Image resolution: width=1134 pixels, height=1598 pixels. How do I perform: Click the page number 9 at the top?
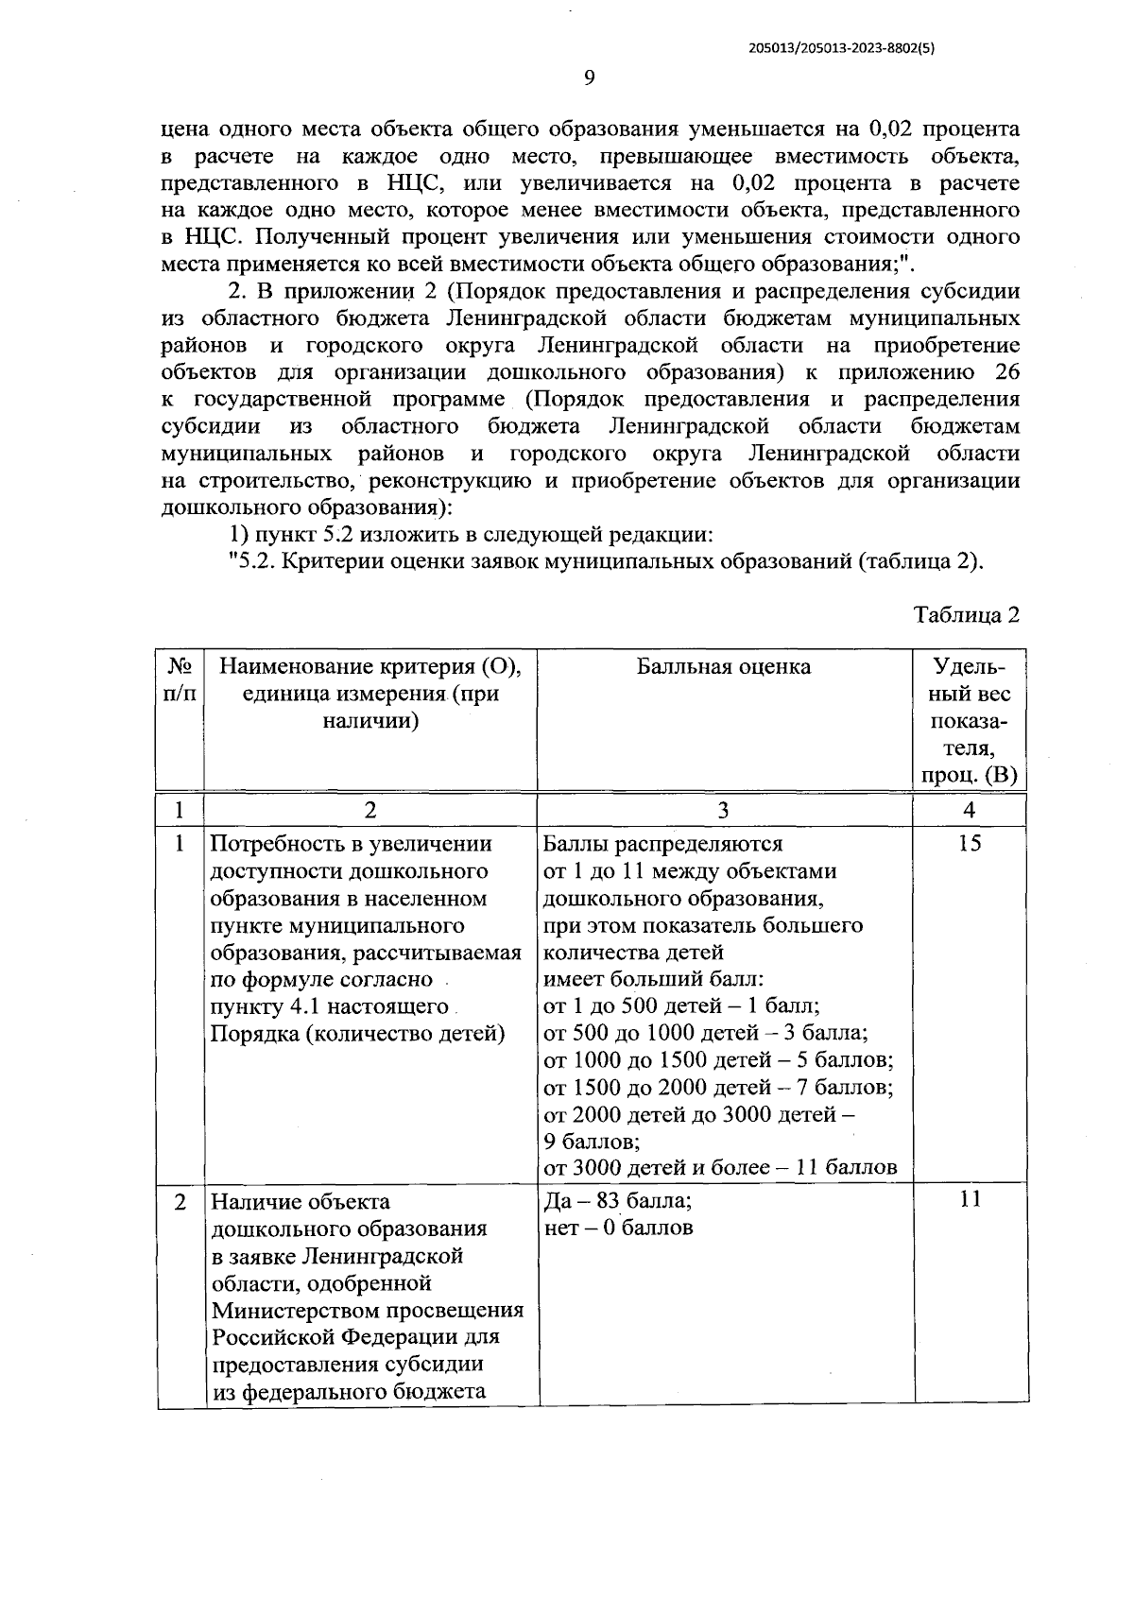pyautogui.click(x=588, y=77)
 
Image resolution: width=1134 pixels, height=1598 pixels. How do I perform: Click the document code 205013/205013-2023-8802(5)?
pyautogui.click(x=834, y=51)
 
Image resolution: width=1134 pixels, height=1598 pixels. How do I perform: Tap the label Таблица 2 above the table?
pyautogui.click(x=967, y=615)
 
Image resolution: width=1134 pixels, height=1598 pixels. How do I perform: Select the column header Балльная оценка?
pyautogui.click(x=723, y=667)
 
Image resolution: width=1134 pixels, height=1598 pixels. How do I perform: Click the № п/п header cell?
pyautogui.click(x=180, y=680)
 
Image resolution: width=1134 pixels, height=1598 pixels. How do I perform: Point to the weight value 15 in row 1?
pyautogui.click(x=969, y=844)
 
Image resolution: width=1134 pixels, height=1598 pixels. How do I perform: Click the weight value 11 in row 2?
pyautogui.click(x=969, y=1199)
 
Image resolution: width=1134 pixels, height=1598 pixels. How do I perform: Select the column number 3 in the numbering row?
pyautogui.click(x=723, y=810)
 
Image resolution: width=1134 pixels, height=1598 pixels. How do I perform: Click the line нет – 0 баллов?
pyautogui.click(x=618, y=1228)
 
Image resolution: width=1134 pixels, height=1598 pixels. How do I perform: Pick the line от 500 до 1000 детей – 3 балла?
pyautogui.click(x=706, y=1032)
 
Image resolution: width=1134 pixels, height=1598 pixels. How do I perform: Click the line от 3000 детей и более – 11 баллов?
pyautogui.click(x=720, y=1167)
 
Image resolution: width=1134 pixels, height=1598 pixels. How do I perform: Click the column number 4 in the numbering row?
pyautogui.click(x=969, y=810)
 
